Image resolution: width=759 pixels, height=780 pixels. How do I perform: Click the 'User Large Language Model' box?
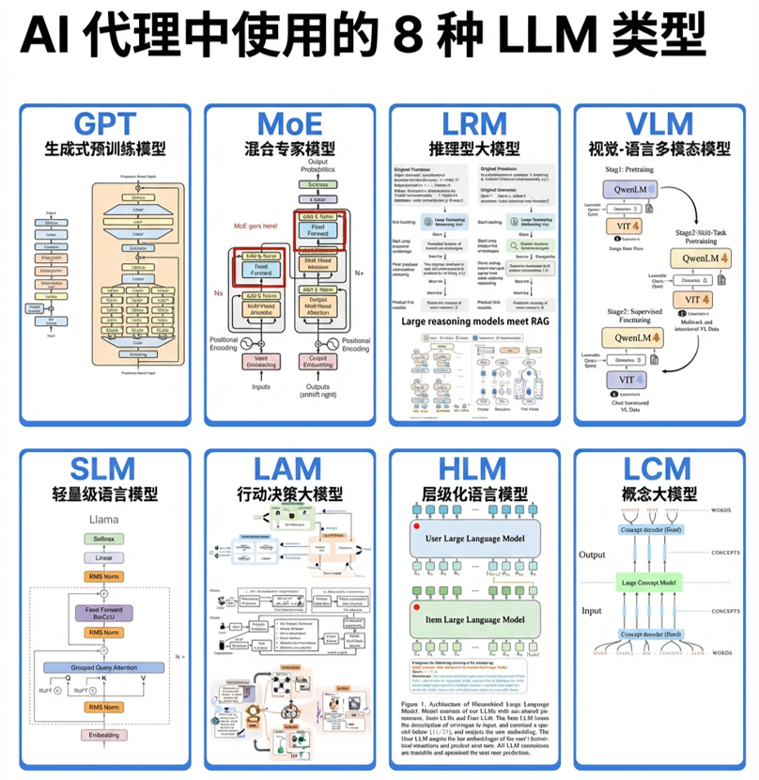[x=474, y=538]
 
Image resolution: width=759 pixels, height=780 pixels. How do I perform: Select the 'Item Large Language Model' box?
[x=474, y=619]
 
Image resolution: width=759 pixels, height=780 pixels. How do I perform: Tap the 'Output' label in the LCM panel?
[x=594, y=554]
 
